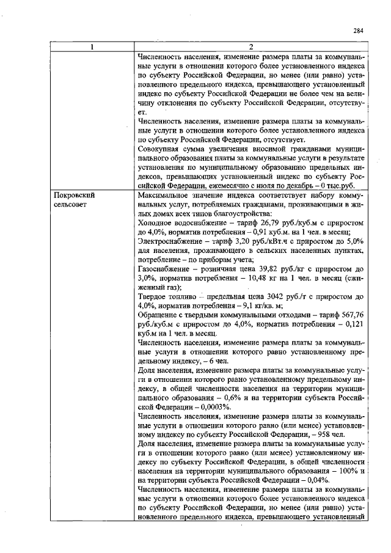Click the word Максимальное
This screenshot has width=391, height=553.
pyautogui.click(x=167, y=195)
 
